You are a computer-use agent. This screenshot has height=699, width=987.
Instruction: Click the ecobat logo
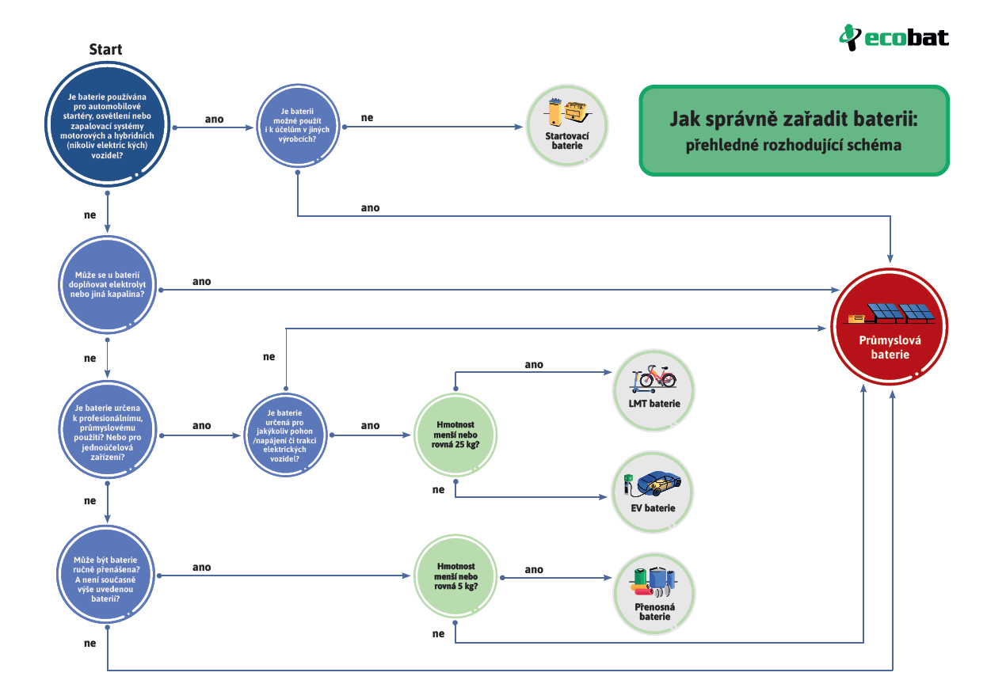click(x=894, y=36)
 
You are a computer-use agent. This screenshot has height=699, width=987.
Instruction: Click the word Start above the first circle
click(x=105, y=50)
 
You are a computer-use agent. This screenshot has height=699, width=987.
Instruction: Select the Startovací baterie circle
click(x=567, y=126)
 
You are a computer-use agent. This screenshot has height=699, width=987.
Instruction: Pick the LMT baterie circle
click(x=654, y=389)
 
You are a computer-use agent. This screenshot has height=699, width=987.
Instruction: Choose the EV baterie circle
click(x=654, y=492)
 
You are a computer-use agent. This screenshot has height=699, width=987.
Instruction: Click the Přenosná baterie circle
click(x=654, y=593)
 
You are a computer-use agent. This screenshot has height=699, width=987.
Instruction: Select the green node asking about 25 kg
click(x=455, y=435)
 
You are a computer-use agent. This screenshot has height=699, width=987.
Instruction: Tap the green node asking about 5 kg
click(x=455, y=576)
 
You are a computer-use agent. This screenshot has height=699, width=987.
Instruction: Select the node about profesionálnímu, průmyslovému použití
click(x=106, y=435)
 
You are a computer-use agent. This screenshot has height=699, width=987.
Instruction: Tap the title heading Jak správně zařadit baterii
click(x=793, y=120)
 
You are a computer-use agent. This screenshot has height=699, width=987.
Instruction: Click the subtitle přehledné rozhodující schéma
click(x=793, y=146)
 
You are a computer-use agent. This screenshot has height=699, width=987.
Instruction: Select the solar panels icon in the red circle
click(x=899, y=313)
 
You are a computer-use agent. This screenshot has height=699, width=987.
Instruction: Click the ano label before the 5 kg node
click(x=201, y=567)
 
